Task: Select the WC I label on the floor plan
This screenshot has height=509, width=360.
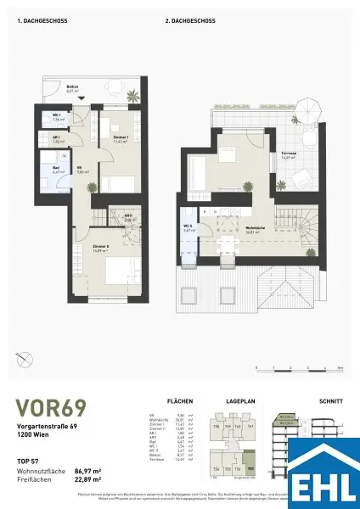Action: pyautogui.click(x=56, y=116)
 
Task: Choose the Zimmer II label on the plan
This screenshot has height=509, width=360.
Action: pyautogui.click(x=104, y=249)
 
